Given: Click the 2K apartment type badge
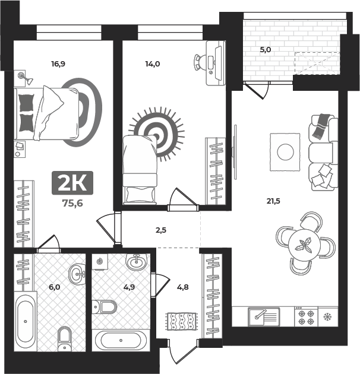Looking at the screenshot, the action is click(72, 183).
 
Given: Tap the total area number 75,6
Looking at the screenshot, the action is click(72, 203).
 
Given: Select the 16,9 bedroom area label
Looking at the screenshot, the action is click(58, 64).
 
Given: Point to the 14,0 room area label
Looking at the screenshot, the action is click(153, 64).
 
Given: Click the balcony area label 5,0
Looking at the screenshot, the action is click(266, 50).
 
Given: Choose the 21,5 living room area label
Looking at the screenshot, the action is click(273, 201).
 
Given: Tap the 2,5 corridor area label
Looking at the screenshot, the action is click(161, 230).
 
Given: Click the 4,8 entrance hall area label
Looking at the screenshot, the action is click(183, 287).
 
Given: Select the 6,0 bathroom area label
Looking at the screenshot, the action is click(55, 287).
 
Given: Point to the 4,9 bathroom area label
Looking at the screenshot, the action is click(129, 287).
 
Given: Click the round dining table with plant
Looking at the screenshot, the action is click(304, 245).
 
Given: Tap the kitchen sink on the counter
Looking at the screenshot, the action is click(264, 317).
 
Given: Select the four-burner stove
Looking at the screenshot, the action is click(306, 317).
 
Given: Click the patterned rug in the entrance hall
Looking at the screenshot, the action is click(182, 321).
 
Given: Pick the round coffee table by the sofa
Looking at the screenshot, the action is click(285, 152).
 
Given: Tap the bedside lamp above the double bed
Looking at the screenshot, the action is click(26, 78).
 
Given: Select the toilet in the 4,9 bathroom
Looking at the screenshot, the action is click(105, 307).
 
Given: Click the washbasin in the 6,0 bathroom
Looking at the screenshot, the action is click(77, 274).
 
